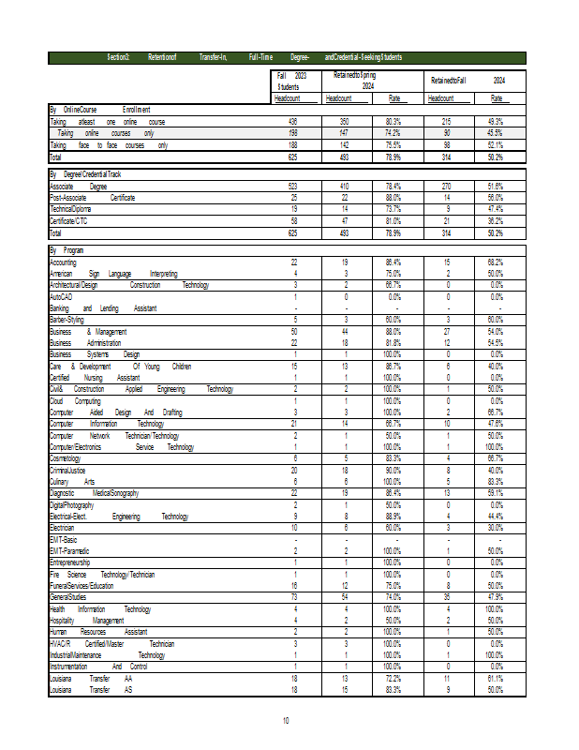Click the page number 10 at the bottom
[287, 720]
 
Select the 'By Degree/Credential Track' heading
[85, 174]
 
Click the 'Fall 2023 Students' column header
[292, 81]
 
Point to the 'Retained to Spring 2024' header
[354, 80]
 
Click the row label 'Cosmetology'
[67, 457]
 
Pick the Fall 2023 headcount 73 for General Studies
[294, 596]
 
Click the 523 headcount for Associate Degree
[293, 187]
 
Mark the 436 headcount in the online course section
[293, 122]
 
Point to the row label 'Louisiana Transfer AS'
[91, 689]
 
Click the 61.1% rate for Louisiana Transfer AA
[496, 677]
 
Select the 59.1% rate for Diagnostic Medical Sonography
[496, 492]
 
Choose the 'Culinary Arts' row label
[71, 481]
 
